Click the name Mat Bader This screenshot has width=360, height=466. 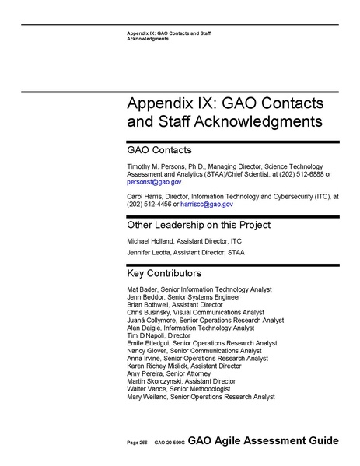tap(142, 289)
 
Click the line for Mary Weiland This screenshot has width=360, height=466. tap(201, 396)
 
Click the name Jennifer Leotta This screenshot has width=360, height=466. tap(149, 253)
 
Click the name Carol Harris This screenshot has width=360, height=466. tap(144, 197)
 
